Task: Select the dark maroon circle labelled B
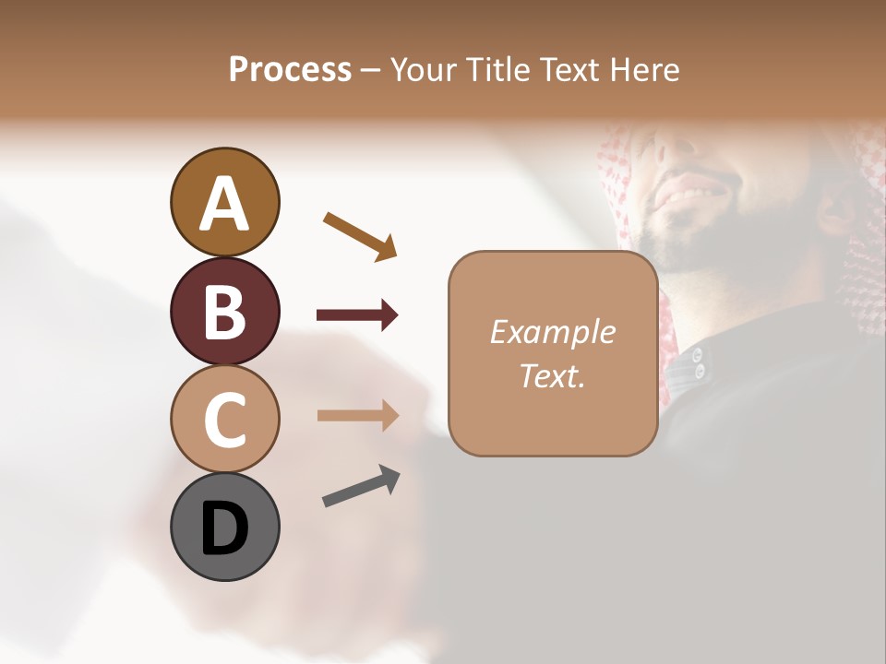point(224,312)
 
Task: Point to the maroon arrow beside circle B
point(357,315)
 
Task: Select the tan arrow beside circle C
point(357,415)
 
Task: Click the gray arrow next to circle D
point(361,486)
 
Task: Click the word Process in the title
point(290,70)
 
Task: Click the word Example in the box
point(552,332)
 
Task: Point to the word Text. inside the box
point(552,375)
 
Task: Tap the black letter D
point(224,528)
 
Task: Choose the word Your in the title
point(421,70)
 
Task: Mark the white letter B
point(224,312)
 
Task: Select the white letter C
point(224,420)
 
